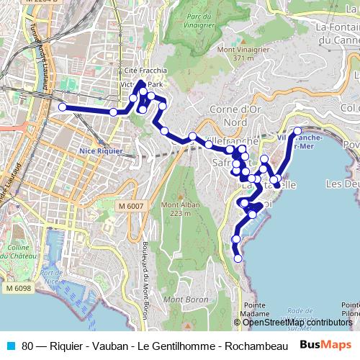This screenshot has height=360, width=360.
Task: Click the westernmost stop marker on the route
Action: (62, 107)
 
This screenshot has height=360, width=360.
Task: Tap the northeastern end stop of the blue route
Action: (297, 132)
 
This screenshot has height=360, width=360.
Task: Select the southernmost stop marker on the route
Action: (238, 258)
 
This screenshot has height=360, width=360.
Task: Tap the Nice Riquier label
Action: (102, 151)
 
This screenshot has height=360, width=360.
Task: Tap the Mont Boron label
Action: (182, 300)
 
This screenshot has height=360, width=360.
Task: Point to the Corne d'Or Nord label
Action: (241, 116)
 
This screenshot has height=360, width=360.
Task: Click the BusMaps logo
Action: (325, 344)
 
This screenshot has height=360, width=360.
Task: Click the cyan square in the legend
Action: (11, 345)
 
